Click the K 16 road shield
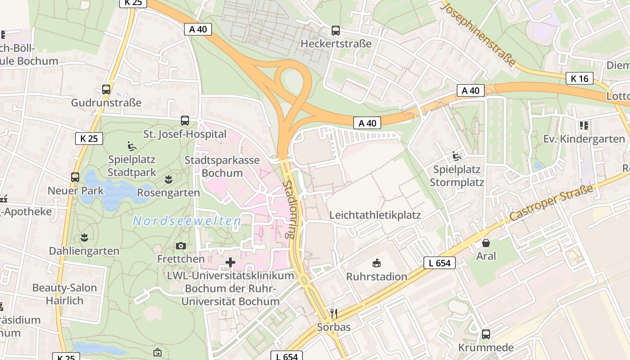click(580, 79)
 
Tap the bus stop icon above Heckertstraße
click(336, 31)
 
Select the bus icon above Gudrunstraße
click(106, 90)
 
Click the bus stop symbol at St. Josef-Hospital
click(185, 121)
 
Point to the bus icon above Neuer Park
click(75, 177)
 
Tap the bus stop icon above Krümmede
click(486, 334)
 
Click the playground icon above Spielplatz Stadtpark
click(132, 146)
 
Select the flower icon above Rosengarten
click(169, 180)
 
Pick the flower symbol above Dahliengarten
click(84, 237)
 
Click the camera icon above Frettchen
click(181, 246)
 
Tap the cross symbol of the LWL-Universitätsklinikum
click(230, 262)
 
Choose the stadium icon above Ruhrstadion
click(377, 263)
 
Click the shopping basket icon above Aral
click(486, 243)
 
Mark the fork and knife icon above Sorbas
click(333, 314)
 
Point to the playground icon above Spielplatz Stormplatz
click(457, 156)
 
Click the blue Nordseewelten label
click(187, 221)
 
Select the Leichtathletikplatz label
click(375, 215)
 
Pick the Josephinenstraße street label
click(478, 34)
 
